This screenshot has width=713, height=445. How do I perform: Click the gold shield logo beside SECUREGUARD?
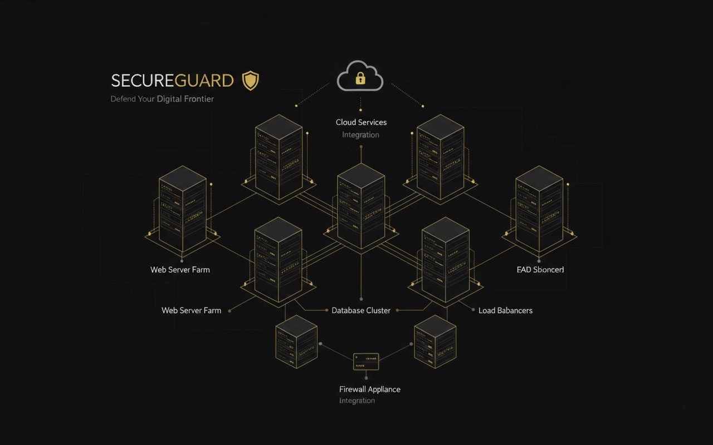pyautogui.click(x=251, y=81)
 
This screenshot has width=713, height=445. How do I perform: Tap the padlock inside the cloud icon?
pyautogui.click(x=360, y=79)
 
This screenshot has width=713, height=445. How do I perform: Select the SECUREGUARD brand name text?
pyautogui.click(x=172, y=81)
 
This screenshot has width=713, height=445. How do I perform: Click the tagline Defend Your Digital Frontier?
pyautogui.click(x=162, y=99)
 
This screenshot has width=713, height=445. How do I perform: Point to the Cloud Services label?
pyautogui.click(x=361, y=122)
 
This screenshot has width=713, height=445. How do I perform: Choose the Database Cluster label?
pyautogui.click(x=361, y=310)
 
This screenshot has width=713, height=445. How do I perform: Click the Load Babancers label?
pyautogui.click(x=505, y=310)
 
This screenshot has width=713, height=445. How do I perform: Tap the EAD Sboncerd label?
pyautogui.click(x=540, y=269)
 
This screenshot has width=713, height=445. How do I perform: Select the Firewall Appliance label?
pyautogui.click(x=370, y=389)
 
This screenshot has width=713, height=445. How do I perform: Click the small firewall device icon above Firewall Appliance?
pyautogui.click(x=366, y=362)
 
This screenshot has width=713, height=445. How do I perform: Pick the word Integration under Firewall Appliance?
pyautogui.click(x=357, y=400)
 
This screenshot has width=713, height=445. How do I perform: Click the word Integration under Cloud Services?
pyautogui.click(x=360, y=135)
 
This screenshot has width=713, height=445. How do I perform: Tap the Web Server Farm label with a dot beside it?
pyautogui.click(x=191, y=310)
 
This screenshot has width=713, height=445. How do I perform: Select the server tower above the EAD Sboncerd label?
pyautogui.click(x=539, y=209)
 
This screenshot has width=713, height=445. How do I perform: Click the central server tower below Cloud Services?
pyautogui.click(x=361, y=206)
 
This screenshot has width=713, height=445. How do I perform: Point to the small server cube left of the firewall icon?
pyautogui.click(x=296, y=342)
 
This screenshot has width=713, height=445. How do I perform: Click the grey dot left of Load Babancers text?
pyautogui.click(x=473, y=310)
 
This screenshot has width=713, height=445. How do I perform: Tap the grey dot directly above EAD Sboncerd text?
pyautogui.click(x=539, y=260)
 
